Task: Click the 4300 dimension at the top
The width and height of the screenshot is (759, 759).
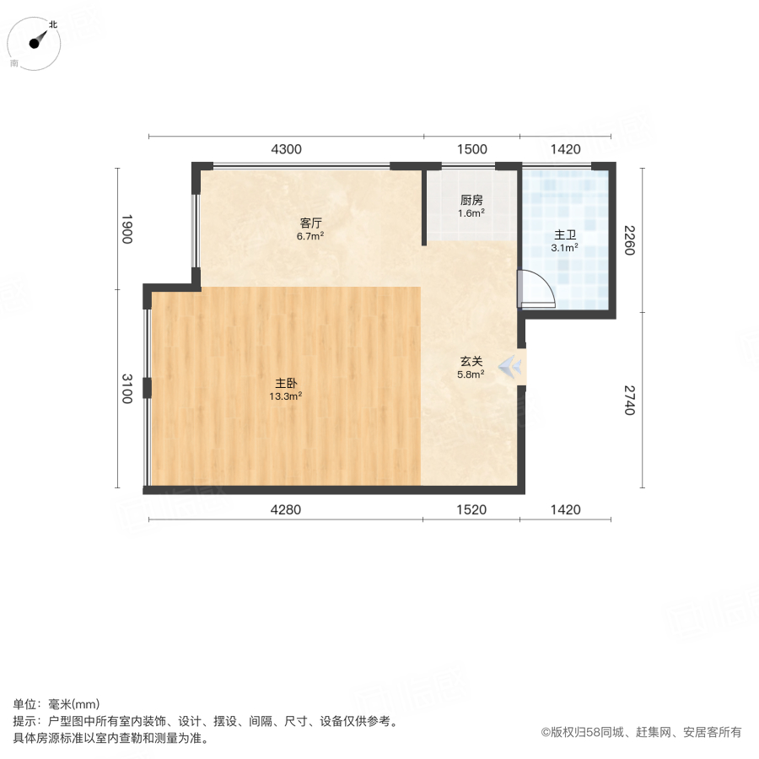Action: pos(286,149)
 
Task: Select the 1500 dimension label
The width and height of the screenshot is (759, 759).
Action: pos(472,149)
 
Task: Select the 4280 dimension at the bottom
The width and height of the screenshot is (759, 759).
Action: pos(286,509)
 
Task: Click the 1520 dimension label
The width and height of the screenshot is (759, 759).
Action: pos(472,509)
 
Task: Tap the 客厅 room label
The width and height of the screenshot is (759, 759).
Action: pos(311,223)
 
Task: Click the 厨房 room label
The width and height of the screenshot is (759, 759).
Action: pos(471,201)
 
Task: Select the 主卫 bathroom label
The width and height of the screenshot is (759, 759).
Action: pos(564,235)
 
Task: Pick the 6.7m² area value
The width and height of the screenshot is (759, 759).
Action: pos(311,236)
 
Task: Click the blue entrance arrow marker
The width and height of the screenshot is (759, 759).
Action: pos(511,368)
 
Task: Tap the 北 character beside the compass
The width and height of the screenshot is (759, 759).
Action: pos(52,24)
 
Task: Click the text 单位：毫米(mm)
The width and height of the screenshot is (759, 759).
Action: pos(57,705)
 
